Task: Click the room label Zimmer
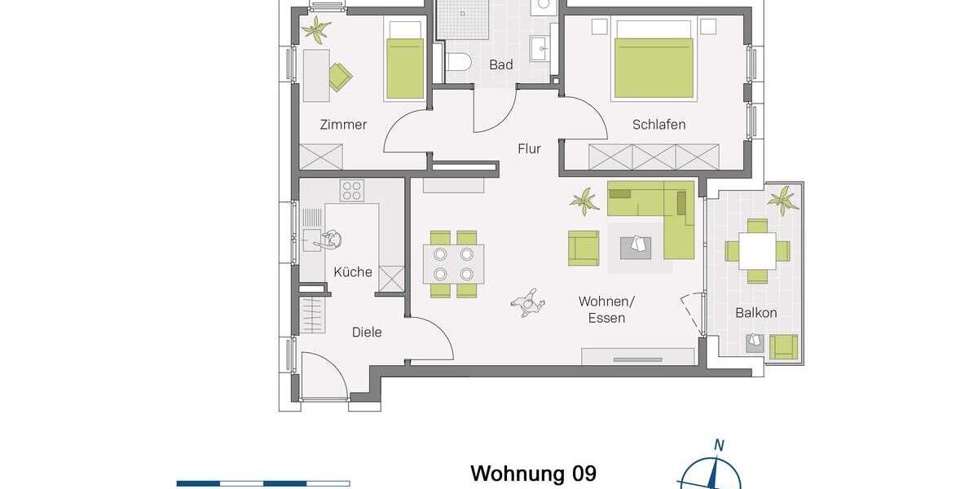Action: coord(343,125)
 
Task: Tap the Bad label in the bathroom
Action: coord(500,64)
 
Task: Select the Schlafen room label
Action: coord(659,125)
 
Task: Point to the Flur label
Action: coord(529,148)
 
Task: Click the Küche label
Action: coord(353,271)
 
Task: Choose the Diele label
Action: coord(366,332)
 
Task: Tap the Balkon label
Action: coord(756,312)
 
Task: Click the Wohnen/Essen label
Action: coord(606,310)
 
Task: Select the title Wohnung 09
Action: coord(533,474)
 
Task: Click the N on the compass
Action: coord(719,445)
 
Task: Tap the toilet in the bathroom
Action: coord(459,63)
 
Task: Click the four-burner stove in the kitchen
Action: coord(352,191)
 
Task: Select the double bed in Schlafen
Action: coord(654,57)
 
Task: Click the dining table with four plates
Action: coord(453,263)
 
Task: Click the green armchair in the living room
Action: coord(583,248)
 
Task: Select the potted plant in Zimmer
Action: coord(315,30)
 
